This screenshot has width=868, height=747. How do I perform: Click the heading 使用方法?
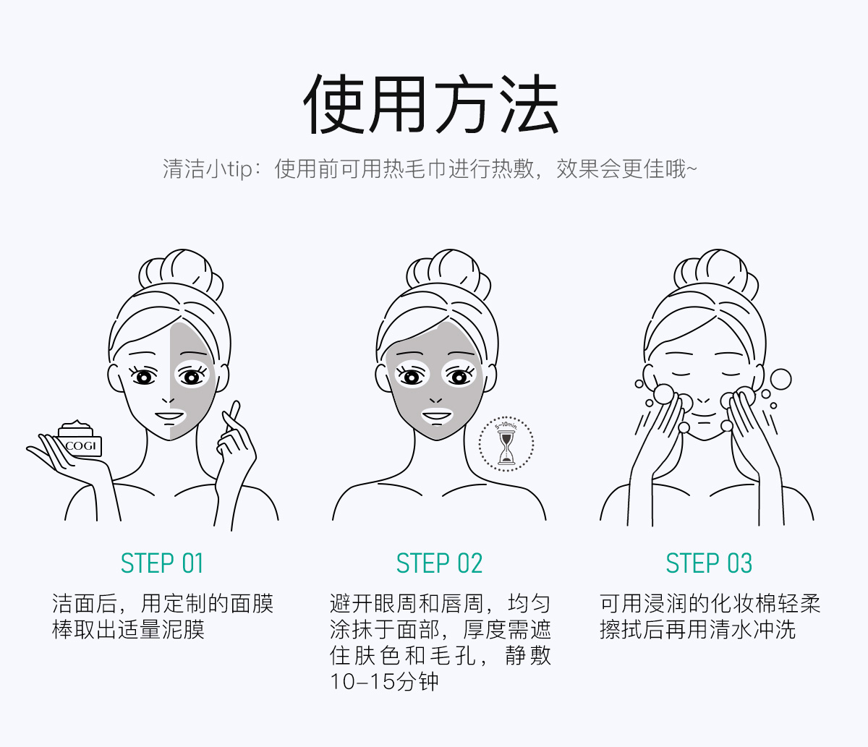coord(431,104)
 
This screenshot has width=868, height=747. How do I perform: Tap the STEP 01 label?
coord(162,563)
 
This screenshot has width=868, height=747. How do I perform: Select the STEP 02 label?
coord(439,563)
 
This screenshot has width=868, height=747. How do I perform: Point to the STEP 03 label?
coord(709,563)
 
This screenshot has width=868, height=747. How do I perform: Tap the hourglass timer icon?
coord(506,444)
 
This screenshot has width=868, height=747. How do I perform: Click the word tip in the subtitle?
coord(240,170)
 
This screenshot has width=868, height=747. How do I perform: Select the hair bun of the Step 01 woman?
coord(181,273)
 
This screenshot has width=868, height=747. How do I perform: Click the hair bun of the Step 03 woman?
coord(716,273)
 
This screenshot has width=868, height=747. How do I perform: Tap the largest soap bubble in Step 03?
coord(780,380)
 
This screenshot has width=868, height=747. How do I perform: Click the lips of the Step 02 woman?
coord(437,417)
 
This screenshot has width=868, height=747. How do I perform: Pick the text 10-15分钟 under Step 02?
coord(384,682)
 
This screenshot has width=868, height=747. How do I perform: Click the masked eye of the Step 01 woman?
coord(192,377)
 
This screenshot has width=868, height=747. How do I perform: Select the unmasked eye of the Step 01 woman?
coord(143,377)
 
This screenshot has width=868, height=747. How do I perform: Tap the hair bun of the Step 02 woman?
coord(448,273)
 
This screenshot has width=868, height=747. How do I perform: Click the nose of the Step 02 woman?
coord(436,400)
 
